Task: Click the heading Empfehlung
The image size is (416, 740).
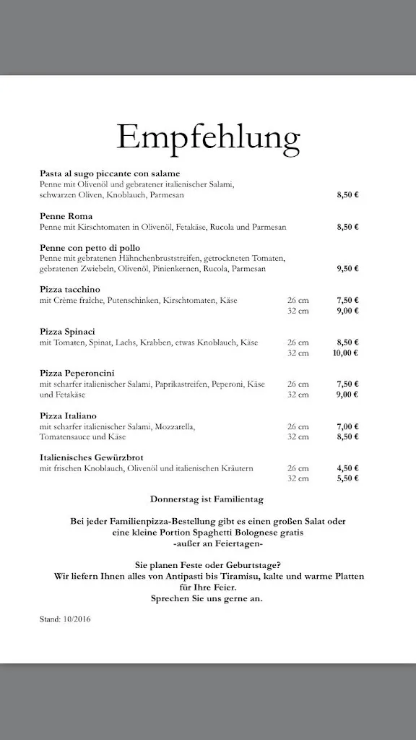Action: click(x=208, y=135)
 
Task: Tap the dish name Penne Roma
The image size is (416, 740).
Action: click(x=66, y=216)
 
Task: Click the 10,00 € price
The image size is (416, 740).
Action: click(x=346, y=353)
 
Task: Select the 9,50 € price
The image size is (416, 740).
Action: click(x=347, y=268)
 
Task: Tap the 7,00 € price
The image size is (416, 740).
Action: click(x=347, y=426)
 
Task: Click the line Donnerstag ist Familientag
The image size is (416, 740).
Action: click(x=207, y=499)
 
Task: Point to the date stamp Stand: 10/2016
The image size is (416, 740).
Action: click(x=66, y=619)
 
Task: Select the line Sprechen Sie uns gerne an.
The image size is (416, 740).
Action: click(x=207, y=599)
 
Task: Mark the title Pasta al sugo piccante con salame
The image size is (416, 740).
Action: click(x=110, y=173)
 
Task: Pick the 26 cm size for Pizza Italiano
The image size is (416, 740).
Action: click(x=298, y=426)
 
